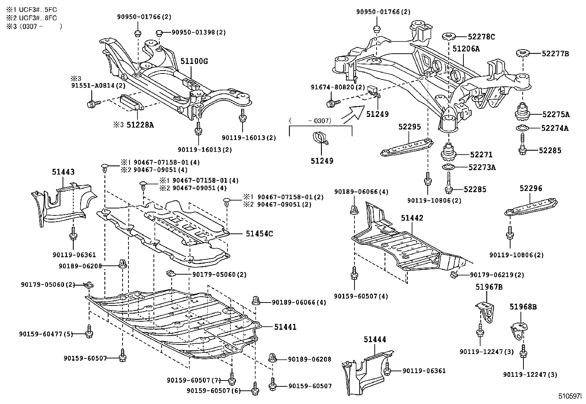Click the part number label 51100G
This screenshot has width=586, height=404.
pyautogui.click(x=194, y=61)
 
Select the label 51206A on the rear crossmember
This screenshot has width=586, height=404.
pyautogui.click(x=466, y=49)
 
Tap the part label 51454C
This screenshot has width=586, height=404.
pyautogui.click(x=259, y=233)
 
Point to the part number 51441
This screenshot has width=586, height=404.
pyautogui.click(x=285, y=327)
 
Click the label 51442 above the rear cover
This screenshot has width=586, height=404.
pyautogui.click(x=412, y=218)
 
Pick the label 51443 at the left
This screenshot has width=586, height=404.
pyautogui.click(x=63, y=172)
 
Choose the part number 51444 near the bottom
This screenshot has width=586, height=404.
pyautogui.click(x=375, y=340)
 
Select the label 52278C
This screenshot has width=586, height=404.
pyautogui.click(x=481, y=37)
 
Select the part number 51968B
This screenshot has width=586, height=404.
pyautogui.click(x=523, y=307)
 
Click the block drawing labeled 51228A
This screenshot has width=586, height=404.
pyautogui.click(x=131, y=103)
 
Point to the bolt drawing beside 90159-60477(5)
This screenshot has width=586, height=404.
pyautogui.click(x=89, y=331)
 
